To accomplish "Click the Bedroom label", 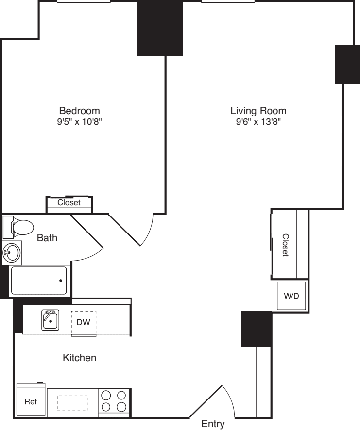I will pos(79,110).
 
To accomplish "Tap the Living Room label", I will pos(258,110).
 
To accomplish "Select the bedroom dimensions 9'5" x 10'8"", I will pos(79,121).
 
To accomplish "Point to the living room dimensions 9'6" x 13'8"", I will pos(258,122).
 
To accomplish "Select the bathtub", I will pos(39,281).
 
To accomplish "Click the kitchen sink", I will pos(50,320).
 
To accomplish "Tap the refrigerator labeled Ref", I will pos(31,401).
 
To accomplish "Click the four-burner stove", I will pos(114,401).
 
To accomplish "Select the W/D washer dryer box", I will pos(291,296).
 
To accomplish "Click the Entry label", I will pos(213,424).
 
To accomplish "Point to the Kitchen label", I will pos(80,358).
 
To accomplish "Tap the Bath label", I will pos(48,238).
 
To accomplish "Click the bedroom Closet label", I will pos(69,203).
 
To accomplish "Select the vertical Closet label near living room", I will pos(286,245).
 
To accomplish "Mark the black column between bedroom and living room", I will pos(160,29).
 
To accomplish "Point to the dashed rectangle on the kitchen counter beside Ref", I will pos(72,402).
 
